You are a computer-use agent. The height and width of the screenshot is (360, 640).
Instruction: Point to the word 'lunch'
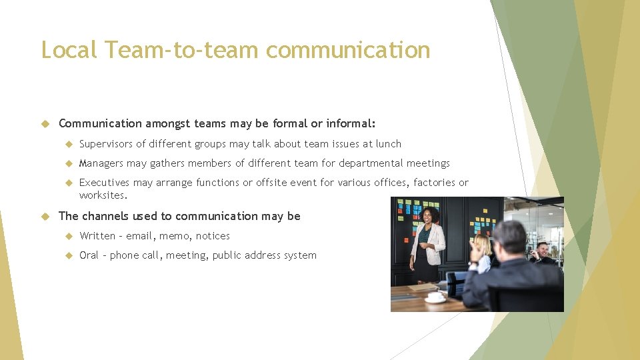[388, 144]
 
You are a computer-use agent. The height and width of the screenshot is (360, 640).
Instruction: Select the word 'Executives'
[104, 183]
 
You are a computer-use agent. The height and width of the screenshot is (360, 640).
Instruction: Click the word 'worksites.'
[103, 195]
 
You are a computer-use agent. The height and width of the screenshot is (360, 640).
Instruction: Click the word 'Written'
[97, 236]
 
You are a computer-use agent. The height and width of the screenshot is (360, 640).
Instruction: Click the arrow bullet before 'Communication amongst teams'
[46, 123]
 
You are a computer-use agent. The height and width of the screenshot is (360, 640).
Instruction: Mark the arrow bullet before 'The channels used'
[46, 216]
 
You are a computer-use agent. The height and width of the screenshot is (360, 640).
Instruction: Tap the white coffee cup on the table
[436, 297]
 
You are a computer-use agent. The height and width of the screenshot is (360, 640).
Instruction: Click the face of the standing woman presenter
[428, 215]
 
